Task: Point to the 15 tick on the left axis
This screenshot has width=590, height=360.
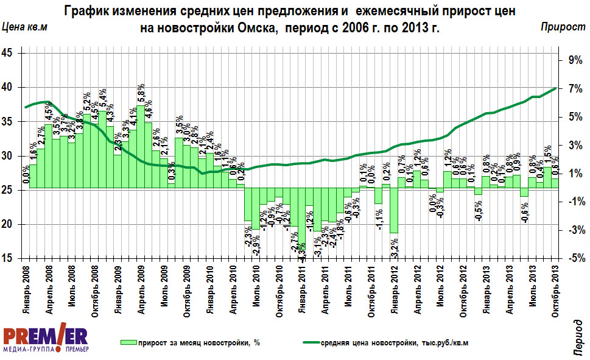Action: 12,259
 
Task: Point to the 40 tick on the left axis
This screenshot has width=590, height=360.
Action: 12,88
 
